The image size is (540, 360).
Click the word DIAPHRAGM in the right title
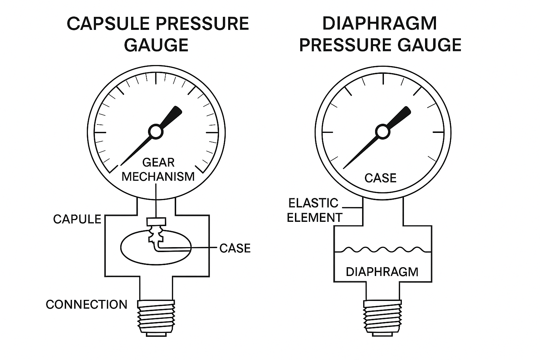pyautogui.click(x=380, y=24)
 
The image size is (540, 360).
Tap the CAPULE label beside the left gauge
pyautogui.click(x=77, y=219)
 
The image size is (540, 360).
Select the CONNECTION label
pyautogui.click(x=86, y=304)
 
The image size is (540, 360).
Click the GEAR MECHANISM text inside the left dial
pyautogui.click(x=158, y=169)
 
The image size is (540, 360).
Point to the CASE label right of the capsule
pyautogui.click(x=235, y=248)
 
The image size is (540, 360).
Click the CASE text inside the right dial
pyautogui.click(x=380, y=178)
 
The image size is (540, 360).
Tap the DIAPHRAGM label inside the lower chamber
pyautogui.click(x=382, y=272)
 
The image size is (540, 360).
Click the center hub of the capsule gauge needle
pyautogui.click(x=155, y=132)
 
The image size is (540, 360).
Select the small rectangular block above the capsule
pyautogui.click(x=156, y=222)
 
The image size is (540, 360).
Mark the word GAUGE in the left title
pyautogui.click(x=156, y=45)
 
